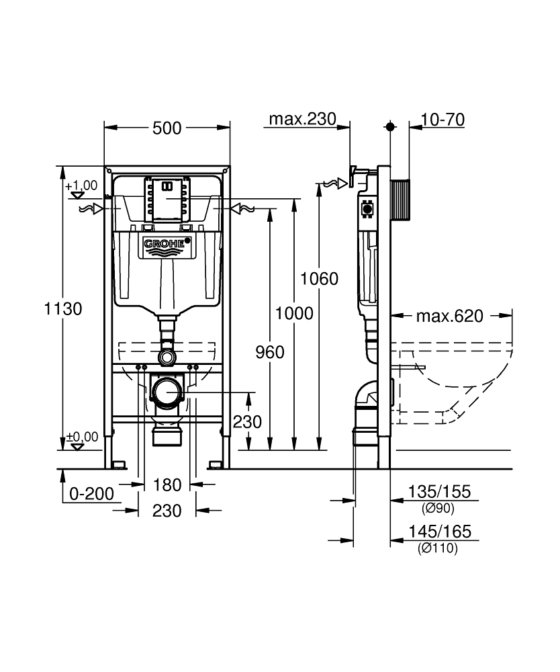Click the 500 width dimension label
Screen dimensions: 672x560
click(x=167, y=128)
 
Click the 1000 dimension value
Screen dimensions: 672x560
click(x=293, y=313)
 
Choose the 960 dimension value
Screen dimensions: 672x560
click(x=270, y=352)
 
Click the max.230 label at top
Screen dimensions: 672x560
click(x=302, y=120)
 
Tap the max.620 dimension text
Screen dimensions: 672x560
click(x=449, y=316)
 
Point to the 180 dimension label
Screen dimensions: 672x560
click(x=167, y=485)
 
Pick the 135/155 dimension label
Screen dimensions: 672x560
click(x=439, y=493)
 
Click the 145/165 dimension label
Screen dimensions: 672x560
click(x=439, y=532)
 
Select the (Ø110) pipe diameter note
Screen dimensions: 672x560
click(x=437, y=548)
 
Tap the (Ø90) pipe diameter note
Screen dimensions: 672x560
click(x=436, y=508)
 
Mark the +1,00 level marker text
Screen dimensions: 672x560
click(x=81, y=185)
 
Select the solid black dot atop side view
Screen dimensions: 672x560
click(x=390, y=126)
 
